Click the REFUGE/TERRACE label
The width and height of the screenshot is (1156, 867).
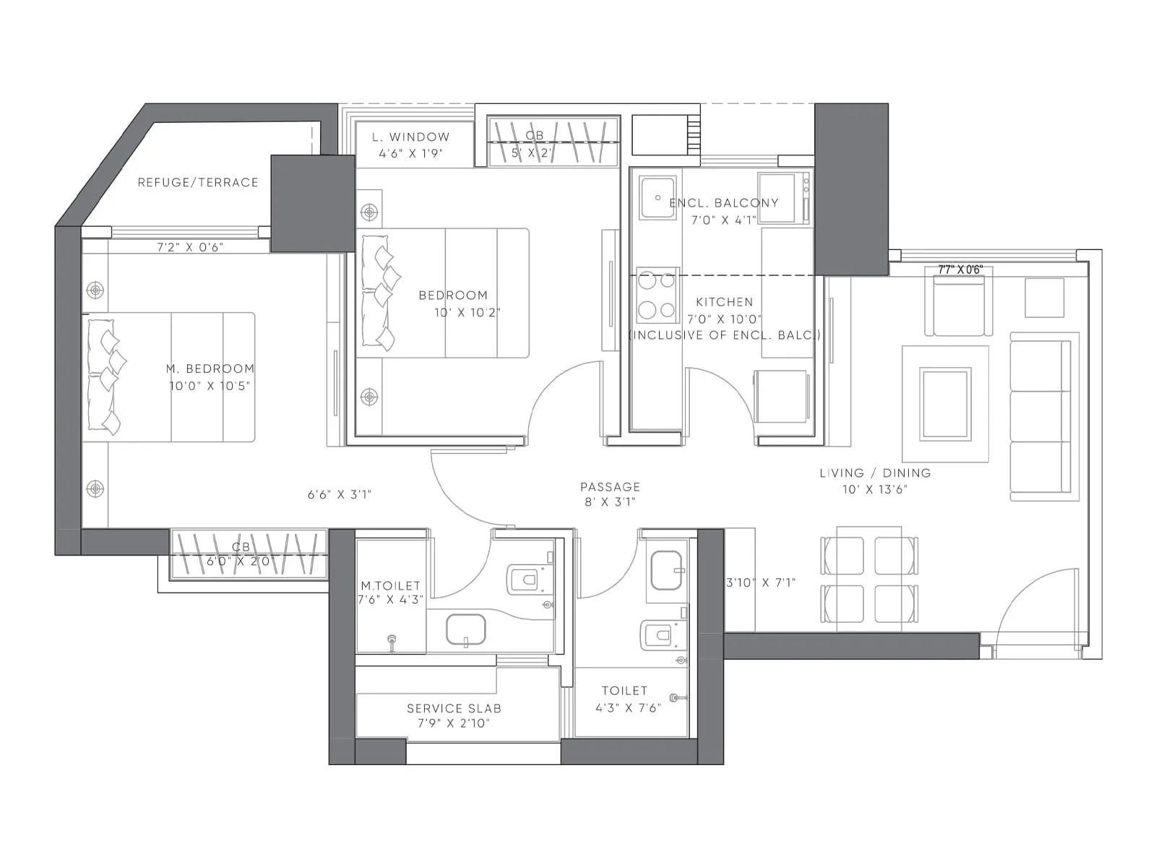[x=197, y=183]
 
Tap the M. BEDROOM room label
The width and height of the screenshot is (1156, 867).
[x=210, y=368]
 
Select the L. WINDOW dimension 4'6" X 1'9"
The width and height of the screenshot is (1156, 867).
[x=410, y=153]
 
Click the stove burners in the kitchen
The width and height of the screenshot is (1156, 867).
[x=657, y=296]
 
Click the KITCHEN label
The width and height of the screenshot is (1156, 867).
[x=724, y=302]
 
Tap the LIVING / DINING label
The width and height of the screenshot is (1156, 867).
[x=875, y=473]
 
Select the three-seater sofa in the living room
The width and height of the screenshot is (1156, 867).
[x=1040, y=417]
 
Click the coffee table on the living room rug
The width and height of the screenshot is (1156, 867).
[x=944, y=404]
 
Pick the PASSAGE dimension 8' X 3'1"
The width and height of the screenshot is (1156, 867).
[x=610, y=502]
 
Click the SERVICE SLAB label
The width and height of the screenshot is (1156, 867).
[x=454, y=709]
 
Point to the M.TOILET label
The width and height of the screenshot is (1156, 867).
[x=390, y=586]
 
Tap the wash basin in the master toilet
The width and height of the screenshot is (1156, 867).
[x=466, y=629]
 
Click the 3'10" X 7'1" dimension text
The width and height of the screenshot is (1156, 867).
[x=760, y=582]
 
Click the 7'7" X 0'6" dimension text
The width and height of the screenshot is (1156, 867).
[x=960, y=269]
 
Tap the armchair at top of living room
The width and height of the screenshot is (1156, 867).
[x=958, y=308]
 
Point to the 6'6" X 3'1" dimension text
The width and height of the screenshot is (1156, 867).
[x=339, y=495]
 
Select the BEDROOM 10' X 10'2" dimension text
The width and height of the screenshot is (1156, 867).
[x=467, y=313]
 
